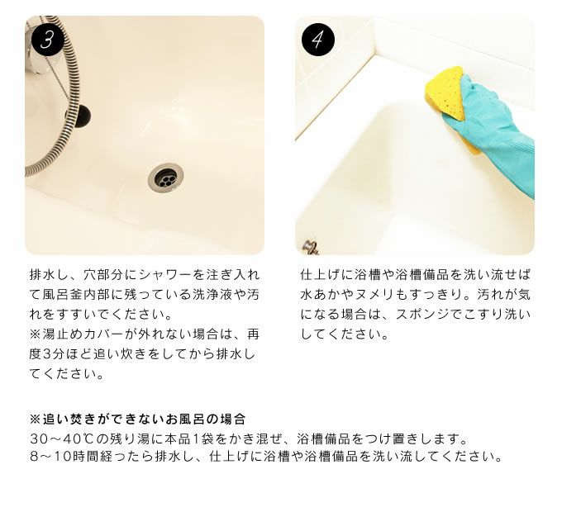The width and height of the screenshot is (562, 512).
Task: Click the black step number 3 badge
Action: pyautogui.click(x=47, y=40)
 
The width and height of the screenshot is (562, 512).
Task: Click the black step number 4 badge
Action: pyautogui.click(x=318, y=40)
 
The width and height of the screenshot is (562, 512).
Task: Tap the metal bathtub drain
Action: pyautogui.click(x=165, y=177)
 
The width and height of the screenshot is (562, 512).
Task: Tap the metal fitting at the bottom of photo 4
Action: pyautogui.click(x=311, y=248)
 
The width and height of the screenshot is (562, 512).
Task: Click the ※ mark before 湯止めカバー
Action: pyautogui.click(x=36, y=334)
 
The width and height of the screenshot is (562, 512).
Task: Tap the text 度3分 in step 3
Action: pyautogui.click(x=49, y=354)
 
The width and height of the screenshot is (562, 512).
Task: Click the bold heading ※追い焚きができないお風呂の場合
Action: pyautogui.click(x=138, y=419)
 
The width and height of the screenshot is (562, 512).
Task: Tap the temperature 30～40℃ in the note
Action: pyautogui.click(x=62, y=439)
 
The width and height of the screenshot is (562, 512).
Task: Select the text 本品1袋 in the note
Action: pyautogui.click(x=189, y=439)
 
